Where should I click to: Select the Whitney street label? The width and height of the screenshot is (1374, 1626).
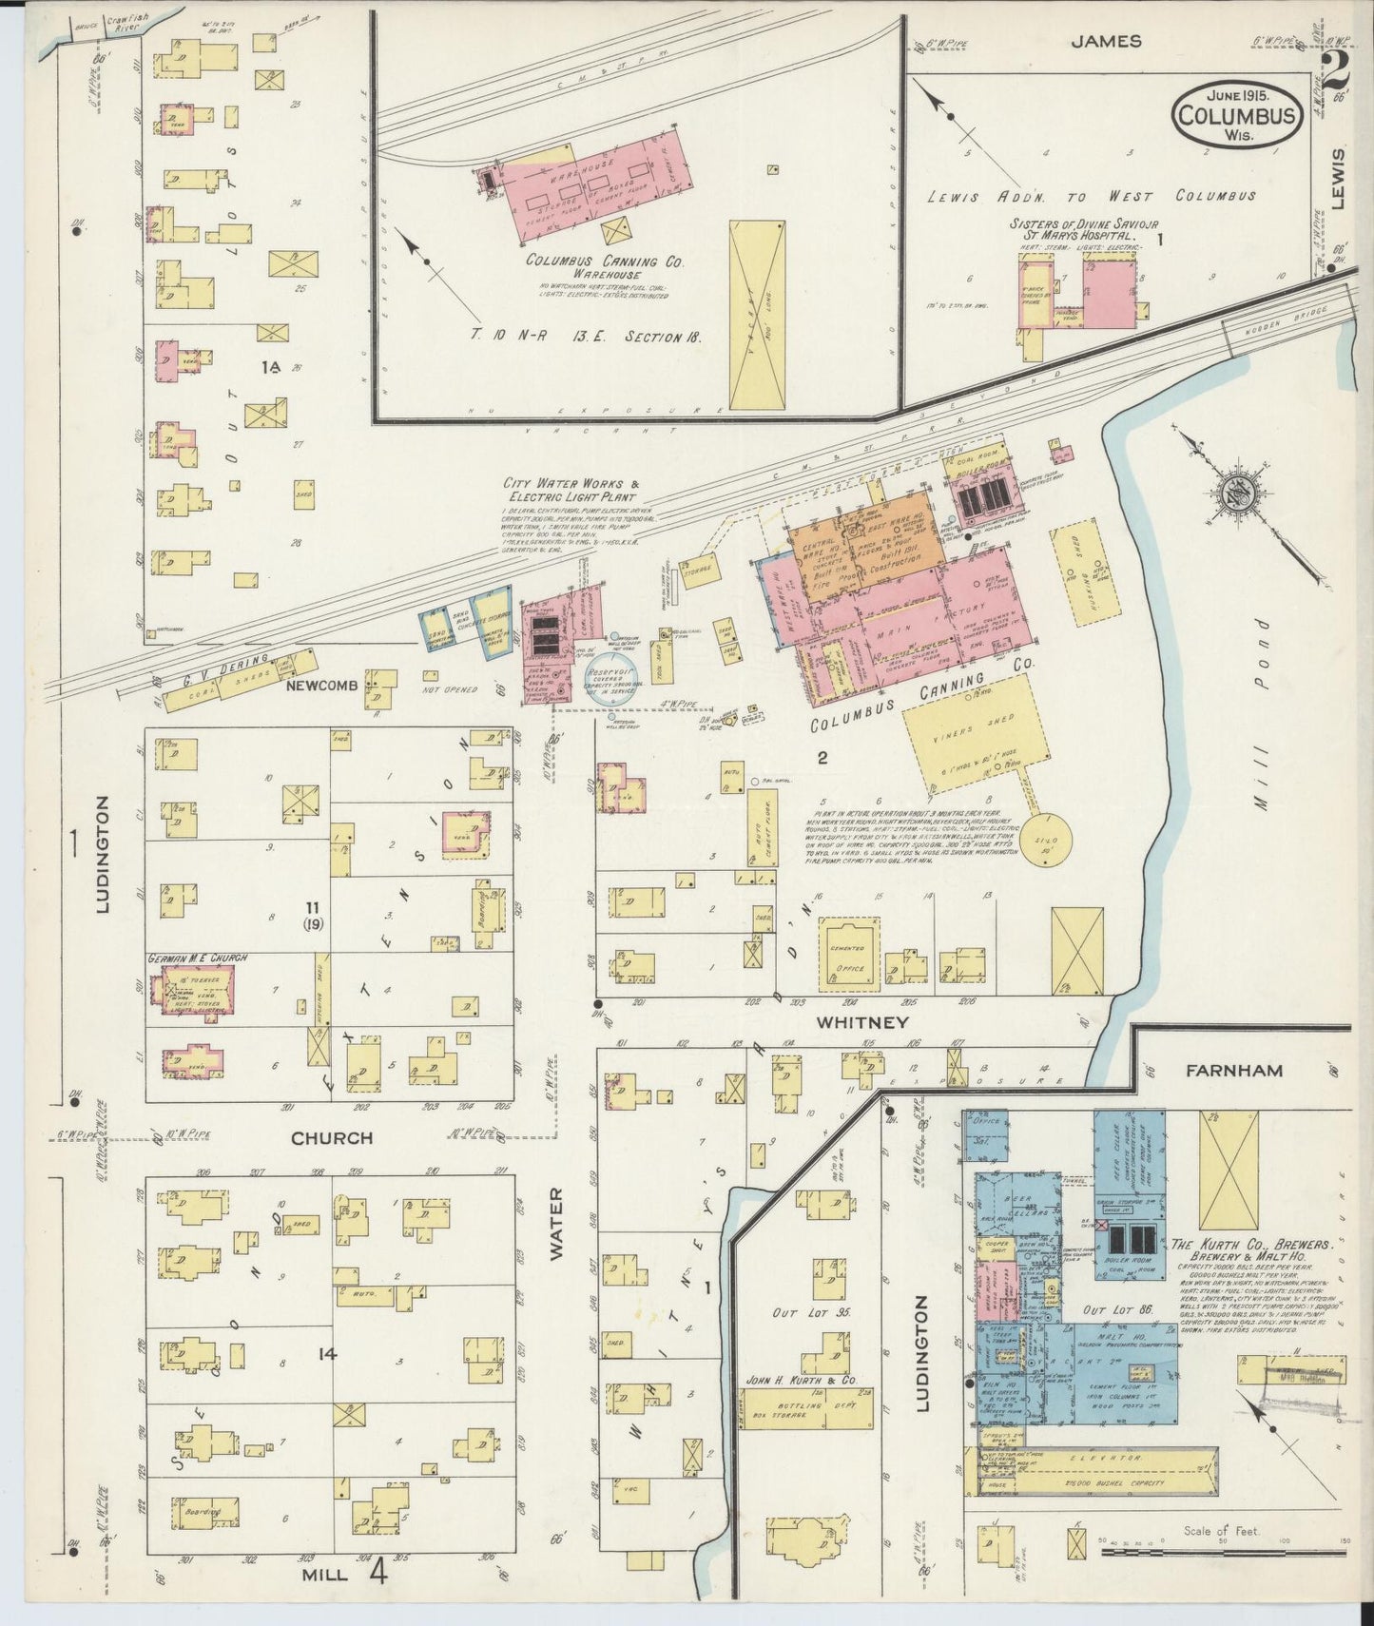[861, 1022]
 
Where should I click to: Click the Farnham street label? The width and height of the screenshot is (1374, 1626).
[1233, 1071]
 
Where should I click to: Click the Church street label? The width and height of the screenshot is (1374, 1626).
[331, 1138]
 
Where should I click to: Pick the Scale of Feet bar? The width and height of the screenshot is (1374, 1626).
[1222, 1553]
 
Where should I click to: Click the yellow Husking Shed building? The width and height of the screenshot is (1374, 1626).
[1084, 571]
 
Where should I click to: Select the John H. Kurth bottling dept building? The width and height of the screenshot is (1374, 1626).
[806, 1408]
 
